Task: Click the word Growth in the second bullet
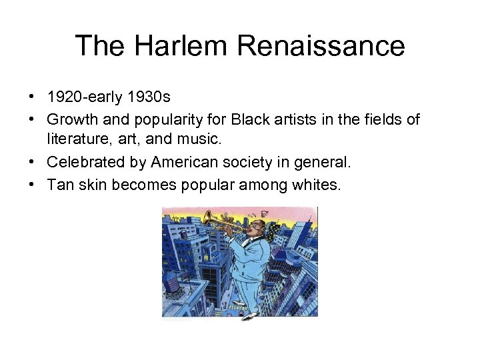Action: coord(70,119)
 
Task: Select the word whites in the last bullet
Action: coord(317,185)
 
